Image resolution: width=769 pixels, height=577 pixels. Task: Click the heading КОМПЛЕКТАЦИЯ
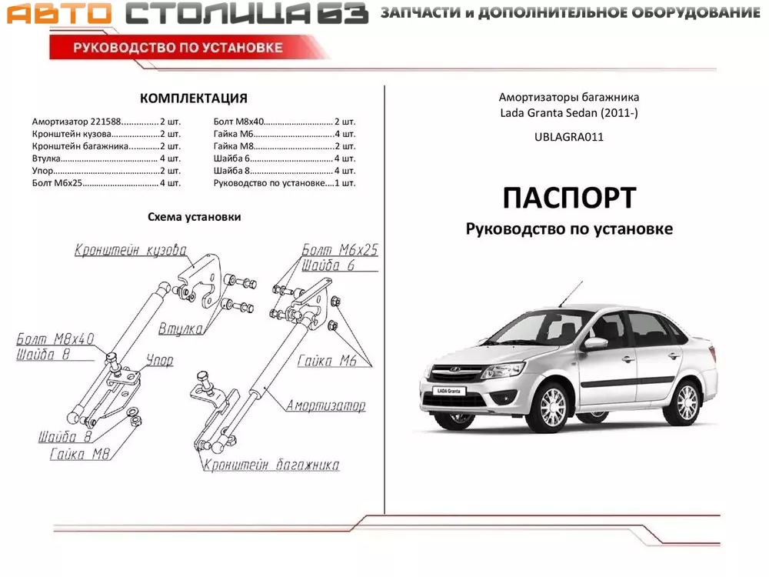click(x=193, y=98)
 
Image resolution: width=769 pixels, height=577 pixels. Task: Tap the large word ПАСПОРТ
click(x=569, y=198)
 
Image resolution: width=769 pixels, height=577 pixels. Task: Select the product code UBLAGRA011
click(x=569, y=138)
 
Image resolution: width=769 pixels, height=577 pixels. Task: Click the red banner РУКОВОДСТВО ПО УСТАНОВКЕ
click(x=178, y=48)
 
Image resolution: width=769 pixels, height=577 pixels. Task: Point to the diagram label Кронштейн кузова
click(x=131, y=251)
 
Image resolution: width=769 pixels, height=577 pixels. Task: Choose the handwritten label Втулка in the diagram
click(x=181, y=329)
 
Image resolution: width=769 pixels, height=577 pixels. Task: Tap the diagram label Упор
click(x=159, y=360)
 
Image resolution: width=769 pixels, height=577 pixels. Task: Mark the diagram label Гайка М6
click(x=325, y=361)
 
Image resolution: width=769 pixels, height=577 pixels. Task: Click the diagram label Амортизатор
click(x=325, y=405)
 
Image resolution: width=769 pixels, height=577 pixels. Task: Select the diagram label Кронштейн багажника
click(x=271, y=465)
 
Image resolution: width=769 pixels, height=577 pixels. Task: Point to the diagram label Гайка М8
click(x=80, y=454)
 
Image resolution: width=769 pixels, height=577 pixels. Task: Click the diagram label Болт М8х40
click(x=55, y=339)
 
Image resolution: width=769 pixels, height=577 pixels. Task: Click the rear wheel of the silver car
click(x=684, y=399)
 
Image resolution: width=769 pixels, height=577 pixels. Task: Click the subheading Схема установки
click(x=194, y=217)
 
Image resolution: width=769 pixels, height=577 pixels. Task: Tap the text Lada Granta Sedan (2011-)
click(x=569, y=113)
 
